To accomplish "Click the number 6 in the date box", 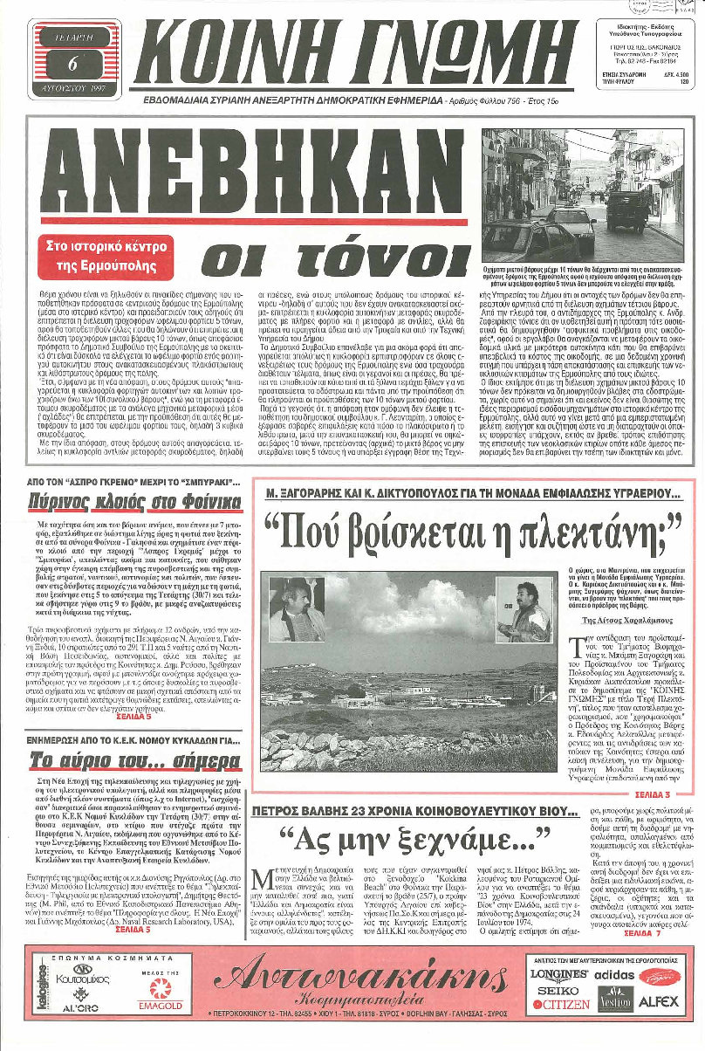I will point(72,62).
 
